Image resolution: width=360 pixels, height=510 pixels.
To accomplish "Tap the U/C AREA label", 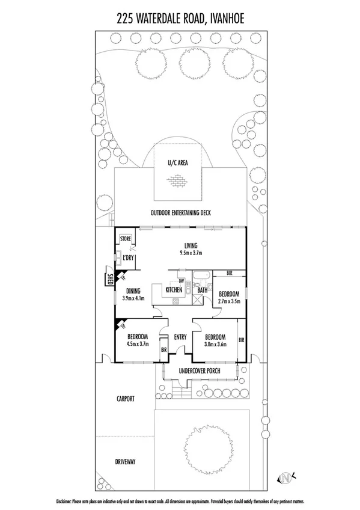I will pos(179,164).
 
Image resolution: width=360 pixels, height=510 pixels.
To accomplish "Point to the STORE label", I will pos(126,239).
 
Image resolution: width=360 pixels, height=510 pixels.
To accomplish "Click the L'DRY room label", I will pos(127,258).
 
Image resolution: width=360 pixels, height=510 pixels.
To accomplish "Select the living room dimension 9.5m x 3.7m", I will pos(191,253).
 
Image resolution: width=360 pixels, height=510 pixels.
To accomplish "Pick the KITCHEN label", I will pos(174,290).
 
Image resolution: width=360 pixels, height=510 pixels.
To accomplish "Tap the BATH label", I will pos(203,290).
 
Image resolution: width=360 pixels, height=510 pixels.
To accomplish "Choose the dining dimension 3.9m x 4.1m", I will pos(133,298).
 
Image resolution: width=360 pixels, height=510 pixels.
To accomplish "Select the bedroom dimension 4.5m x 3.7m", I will pos(138,345).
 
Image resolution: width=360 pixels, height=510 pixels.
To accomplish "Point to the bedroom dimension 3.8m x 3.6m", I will pos(215,345).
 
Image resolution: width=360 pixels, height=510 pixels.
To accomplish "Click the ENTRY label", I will pos(180,337).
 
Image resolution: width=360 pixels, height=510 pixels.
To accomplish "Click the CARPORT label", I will pos(126,398).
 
